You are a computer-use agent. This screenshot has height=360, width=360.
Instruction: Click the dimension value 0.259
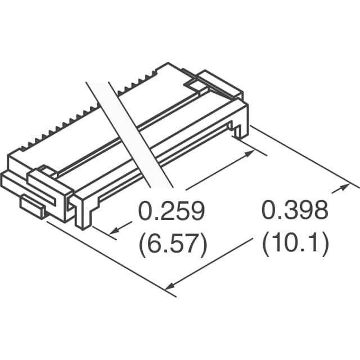(x=171, y=211)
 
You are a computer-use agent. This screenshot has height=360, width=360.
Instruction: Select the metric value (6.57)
(x=171, y=244)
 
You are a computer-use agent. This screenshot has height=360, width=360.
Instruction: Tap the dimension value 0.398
(x=294, y=211)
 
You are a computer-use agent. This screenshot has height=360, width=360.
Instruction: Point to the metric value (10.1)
(x=295, y=244)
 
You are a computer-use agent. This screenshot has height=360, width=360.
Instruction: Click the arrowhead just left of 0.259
(x=115, y=231)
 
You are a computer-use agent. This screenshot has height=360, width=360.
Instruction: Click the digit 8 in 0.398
(x=318, y=211)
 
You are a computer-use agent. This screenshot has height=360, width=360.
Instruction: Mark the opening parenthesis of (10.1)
(x=266, y=244)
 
